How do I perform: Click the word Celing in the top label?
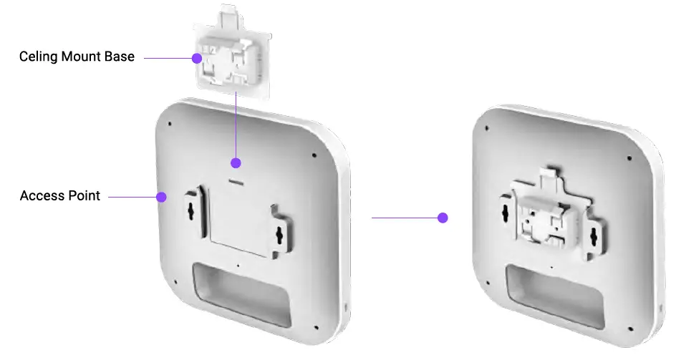point(37,57)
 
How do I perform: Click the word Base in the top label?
point(120,57)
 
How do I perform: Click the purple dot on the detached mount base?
point(196,59)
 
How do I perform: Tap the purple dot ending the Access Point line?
point(162,196)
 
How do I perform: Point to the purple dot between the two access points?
point(443,218)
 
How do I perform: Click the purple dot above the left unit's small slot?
point(236,162)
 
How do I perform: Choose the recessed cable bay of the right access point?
point(551,291)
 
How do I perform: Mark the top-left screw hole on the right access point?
point(486,128)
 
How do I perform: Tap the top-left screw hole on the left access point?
point(170,124)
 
